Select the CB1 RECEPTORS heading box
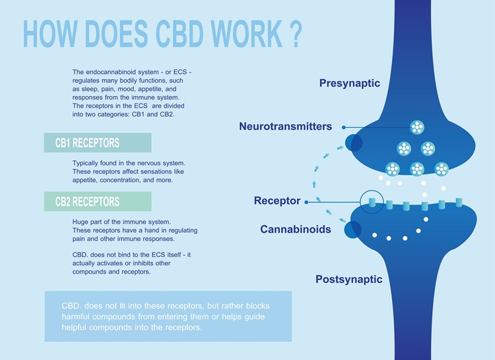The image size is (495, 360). [98, 143]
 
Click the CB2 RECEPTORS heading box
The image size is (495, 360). [98, 202]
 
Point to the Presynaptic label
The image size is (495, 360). [350, 84]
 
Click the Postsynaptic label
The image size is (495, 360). [348, 280]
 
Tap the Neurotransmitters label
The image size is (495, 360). [285, 126]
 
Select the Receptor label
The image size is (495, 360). [277, 200]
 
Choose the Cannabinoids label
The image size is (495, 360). [296, 229]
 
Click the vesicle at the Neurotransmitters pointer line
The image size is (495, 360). [417, 127]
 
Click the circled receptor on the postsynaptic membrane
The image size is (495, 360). [374, 201]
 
